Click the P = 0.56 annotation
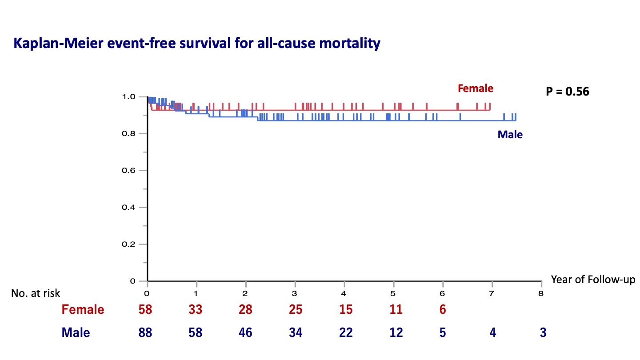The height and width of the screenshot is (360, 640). pyautogui.click(x=568, y=92)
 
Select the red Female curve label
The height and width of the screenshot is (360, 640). pyautogui.click(x=475, y=88)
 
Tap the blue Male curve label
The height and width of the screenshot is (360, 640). pyautogui.click(x=510, y=135)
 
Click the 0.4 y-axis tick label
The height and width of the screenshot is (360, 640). pyautogui.click(x=128, y=208)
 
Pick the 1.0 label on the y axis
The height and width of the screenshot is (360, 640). pyautogui.click(x=128, y=97)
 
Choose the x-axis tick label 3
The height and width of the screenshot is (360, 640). pyautogui.click(x=295, y=293)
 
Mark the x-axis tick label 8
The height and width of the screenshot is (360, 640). pyautogui.click(x=541, y=293)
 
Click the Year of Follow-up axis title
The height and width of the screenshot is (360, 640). pyautogui.click(x=593, y=280)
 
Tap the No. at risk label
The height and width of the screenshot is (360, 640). pyautogui.click(x=36, y=293)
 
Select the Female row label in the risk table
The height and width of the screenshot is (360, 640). pyautogui.click(x=83, y=310)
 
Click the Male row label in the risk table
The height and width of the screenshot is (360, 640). pyautogui.click(x=76, y=333)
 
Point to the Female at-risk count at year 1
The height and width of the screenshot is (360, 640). pyautogui.click(x=196, y=310)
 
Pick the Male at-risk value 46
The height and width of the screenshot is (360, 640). pyautogui.click(x=245, y=333)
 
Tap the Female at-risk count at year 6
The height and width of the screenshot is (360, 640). pyautogui.click(x=443, y=310)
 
